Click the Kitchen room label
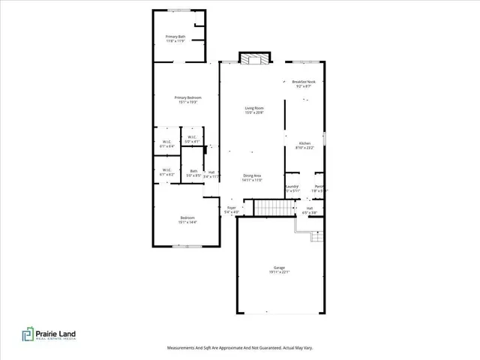click(x=305, y=145)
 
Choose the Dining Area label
click(x=251, y=178)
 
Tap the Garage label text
click(x=280, y=269)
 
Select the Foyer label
click(x=231, y=209)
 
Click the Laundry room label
click(x=292, y=188)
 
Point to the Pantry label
click(x=319, y=188)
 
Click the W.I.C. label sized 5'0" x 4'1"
click(x=193, y=139)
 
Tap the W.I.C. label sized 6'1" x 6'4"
click(x=167, y=144)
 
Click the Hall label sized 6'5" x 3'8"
click(x=309, y=209)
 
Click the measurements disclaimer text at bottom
click(x=239, y=348)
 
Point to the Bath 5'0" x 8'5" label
click(x=193, y=172)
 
